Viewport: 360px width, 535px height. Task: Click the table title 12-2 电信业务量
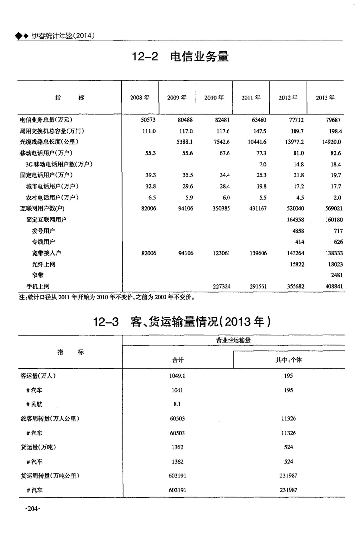point(180,56)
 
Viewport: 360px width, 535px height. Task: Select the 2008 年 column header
point(140,98)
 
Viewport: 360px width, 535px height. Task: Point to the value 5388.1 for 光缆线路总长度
point(184,142)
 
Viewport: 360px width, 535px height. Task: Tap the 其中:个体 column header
point(289,360)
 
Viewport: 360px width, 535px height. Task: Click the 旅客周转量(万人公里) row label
point(50,419)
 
